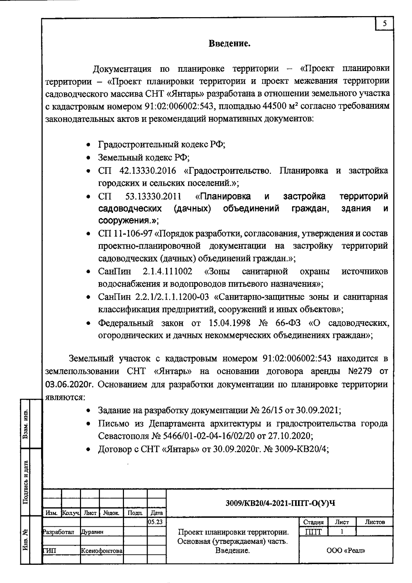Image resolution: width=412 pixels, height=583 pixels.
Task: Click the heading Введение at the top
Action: (x=229, y=44)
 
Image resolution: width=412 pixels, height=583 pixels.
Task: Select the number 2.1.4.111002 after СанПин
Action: (x=167, y=272)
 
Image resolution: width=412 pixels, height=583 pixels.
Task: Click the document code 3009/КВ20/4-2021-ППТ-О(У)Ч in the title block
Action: (x=280, y=504)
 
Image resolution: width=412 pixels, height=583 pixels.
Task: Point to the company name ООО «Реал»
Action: (x=346, y=551)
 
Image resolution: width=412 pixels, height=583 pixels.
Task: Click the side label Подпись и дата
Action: (x=25, y=482)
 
